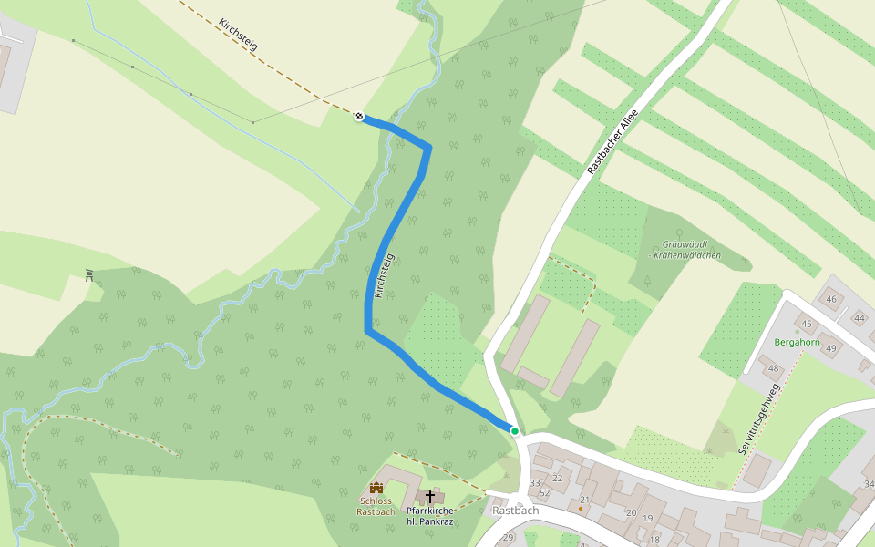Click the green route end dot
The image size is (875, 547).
(x=515, y=430)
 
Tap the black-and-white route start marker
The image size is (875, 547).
(x=360, y=116)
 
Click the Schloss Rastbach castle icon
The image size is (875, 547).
(x=376, y=489)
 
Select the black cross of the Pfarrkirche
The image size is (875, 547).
(x=430, y=496)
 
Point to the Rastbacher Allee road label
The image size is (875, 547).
(x=612, y=142)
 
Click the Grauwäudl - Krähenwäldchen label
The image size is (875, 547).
(x=685, y=250)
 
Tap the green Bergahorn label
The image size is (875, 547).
(x=797, y=343)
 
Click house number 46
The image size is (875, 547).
(x=830, y=299)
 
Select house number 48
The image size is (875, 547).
(x=774, y=368)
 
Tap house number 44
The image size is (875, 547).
(x=859, y=317)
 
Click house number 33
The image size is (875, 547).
(x=535, y=482)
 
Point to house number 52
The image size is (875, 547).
(x=544, y=493)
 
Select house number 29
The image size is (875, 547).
(x=508, y=538)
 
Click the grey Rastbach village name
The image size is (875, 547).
(x=515, y=511)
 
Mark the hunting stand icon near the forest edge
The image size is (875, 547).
(x=89, y=274)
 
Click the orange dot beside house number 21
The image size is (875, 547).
(x=581, y=508)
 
